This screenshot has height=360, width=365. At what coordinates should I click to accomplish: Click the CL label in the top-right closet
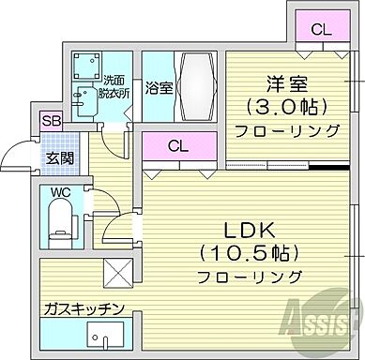[x=321, y=29]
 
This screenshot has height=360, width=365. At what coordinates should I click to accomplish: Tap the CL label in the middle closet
[x=176, y=146]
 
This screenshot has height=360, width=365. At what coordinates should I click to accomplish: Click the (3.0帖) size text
[x=282, y=106]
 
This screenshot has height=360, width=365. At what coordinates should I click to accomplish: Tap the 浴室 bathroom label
[x=159, y=89]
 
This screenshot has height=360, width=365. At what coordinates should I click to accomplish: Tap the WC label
[x=59, y=194]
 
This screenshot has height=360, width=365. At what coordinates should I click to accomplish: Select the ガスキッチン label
[x=83, y=307]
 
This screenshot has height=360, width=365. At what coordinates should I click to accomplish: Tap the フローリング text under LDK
[x=250, y=277]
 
